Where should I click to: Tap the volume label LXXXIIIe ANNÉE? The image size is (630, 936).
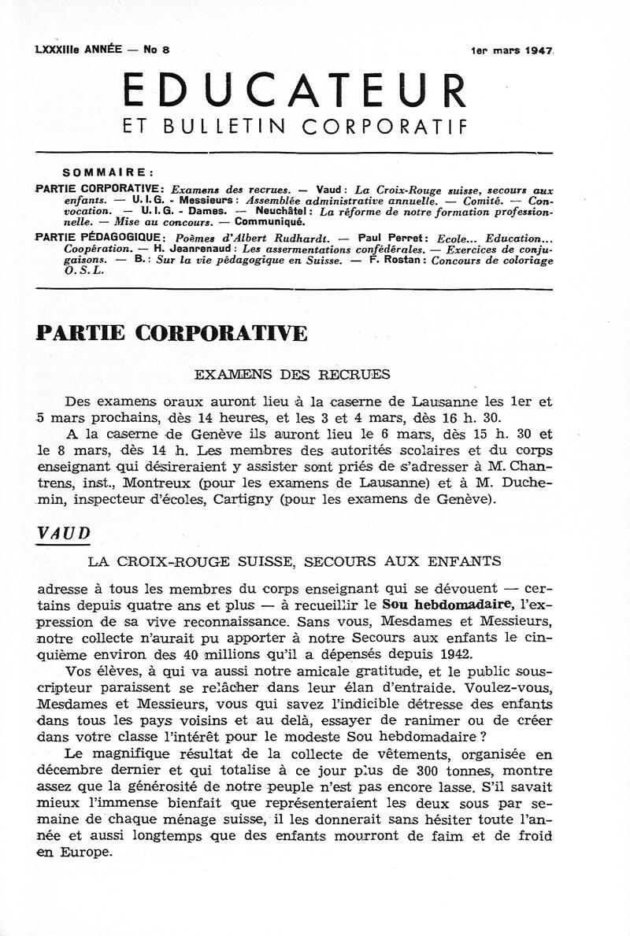pos(79,50)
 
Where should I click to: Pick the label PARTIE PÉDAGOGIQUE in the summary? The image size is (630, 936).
pos(100,238)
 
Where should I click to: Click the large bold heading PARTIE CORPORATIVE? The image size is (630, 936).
pos(172,334)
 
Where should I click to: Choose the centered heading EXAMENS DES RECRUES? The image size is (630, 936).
pos(292,375)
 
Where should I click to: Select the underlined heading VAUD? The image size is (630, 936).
pos(63,533)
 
